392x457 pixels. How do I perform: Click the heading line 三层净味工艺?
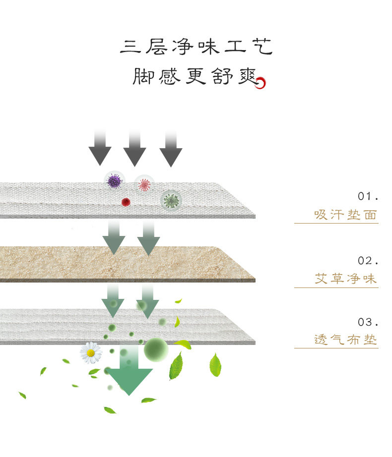[196, 47]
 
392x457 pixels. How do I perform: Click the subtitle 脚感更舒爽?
[194, 76]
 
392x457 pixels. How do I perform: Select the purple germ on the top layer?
[115, 181]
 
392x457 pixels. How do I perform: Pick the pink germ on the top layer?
[144, 184]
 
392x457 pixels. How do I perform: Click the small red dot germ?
[126, 202]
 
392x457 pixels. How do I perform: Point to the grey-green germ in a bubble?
[172, 200]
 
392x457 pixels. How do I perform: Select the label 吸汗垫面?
[346, 215]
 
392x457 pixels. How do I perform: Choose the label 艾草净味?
[346, 279]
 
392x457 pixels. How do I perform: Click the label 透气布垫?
[346, 340]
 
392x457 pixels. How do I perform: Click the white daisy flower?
[91, 353]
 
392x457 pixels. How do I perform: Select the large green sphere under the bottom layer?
[156, 349]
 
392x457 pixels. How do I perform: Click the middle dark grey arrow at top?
[134, 149]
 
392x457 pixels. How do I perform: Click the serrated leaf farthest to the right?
[215, 365]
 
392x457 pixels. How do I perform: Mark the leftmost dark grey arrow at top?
[100, 149]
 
